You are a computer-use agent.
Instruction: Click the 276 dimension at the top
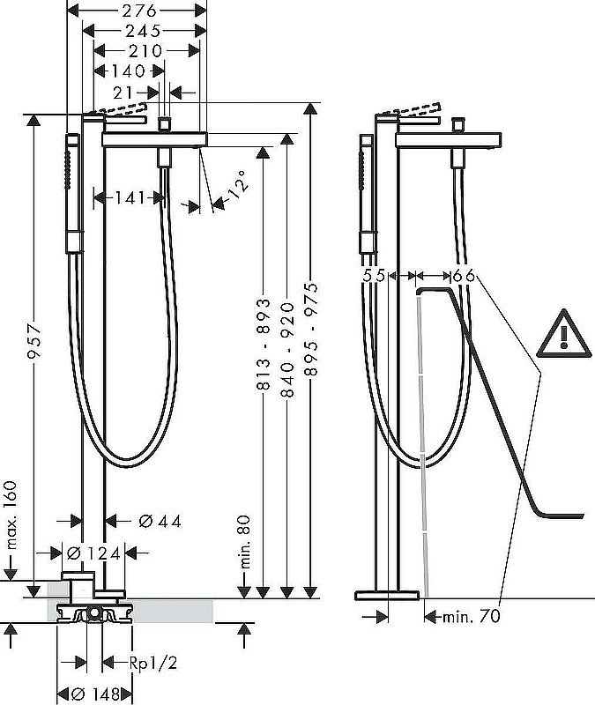tap(138, 11)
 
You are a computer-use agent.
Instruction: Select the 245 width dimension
tap(145, 31)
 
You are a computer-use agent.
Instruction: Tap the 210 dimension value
tap(145, 51)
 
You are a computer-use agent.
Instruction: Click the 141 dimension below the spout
tap(129, 199)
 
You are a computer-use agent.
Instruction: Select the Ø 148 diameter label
tap(94, 694)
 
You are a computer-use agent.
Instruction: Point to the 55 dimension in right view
tap(374, 276)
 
